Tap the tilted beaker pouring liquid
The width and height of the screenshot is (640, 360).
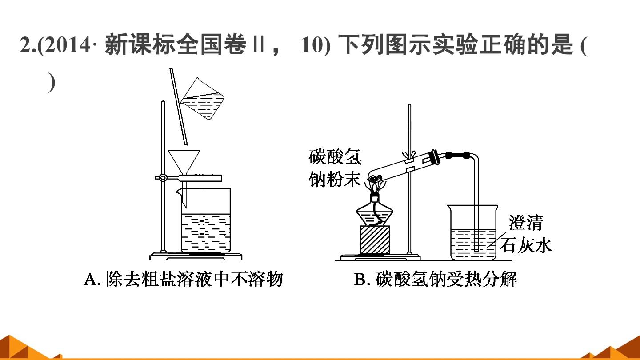pyautogui.click(x=203, y=99)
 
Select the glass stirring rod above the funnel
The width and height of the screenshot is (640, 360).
pyautogui.click(x=179, y=107)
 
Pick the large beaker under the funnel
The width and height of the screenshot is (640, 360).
pyautogui.click(x=205, y=220)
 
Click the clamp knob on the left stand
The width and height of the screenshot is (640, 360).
pyautogui.click(x=163, y=178)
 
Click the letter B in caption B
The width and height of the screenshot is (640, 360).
pyautogui.click(x=360, y=280)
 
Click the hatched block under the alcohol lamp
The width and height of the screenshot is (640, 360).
pyautogui.click(x=375, y=240)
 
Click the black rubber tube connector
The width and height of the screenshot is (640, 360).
pyautogui.click(x=458, y=156)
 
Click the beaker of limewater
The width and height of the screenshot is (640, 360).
pyautogui.click(x=473, y=232)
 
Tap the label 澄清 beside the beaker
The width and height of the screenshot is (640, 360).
pyautogui.click(x=525, y=223)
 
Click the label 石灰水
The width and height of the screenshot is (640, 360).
pyautogui.click(x=526, y=245)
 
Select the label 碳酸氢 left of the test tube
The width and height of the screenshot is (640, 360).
pyautogui.click(x=335, y=157)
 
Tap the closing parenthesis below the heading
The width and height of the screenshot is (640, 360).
pyautogui.click(x=52, y=82)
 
